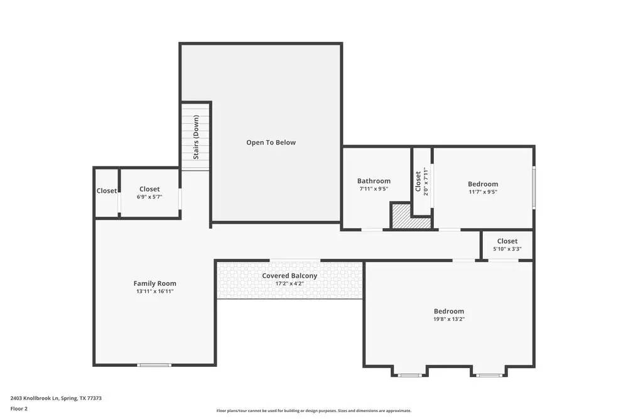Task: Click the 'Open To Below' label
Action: [x=271, y=143]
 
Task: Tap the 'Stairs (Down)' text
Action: [x=197, y=137]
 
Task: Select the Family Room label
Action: [x=154, y=283]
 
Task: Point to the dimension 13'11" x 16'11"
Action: [x=154, y=291]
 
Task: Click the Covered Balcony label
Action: [x=290, y=276]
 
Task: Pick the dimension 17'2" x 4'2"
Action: [x=290, y=284]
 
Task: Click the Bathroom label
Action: [x=374, y=181]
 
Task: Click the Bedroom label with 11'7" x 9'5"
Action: [x=482, y=184]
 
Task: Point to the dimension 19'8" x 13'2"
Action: [x=449, y=319]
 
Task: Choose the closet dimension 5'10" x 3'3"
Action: [x=507, y=249]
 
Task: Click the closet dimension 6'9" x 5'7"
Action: [x=149, y=197]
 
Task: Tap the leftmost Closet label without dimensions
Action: [x=106, y=191]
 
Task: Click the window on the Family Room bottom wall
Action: [x=154, y=365]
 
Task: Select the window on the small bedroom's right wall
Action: [x=534, y=187]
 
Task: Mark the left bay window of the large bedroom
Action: [x=409, y=376]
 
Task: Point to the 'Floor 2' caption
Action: [x=19, y=408]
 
